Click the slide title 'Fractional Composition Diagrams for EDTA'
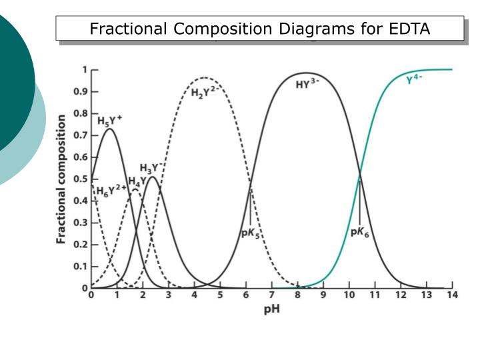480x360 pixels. tap(260, 29)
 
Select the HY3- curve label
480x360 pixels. tap(308, 85)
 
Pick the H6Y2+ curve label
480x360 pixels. tap(111, 191)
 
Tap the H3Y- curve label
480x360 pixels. tap(151, 168)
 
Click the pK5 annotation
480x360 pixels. tap(249, 235)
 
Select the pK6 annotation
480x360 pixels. tap(359, 233)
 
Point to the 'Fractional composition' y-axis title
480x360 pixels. tap(61, 179)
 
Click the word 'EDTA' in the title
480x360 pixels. tap(407, 29)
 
